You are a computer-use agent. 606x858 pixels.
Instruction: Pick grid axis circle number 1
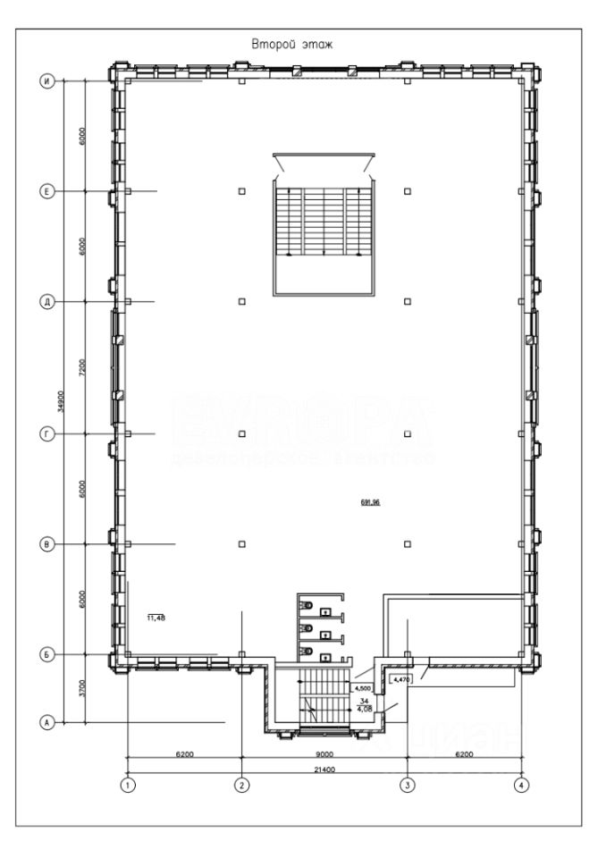click(x=129, y=786)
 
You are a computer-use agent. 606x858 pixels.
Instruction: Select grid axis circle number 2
click(x=242, y=786)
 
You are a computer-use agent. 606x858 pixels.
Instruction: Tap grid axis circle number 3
click(x=408, y=786)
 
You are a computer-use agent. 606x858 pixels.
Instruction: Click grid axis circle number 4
click(x=522, y=786)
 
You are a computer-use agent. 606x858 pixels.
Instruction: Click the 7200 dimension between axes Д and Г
click(x=81, y=367)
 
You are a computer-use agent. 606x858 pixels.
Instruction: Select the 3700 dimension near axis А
click(x=81, y=688)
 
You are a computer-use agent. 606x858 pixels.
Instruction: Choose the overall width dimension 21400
click(x=324, y=768)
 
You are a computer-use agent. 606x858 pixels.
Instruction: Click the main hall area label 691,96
click(x=370, y=503)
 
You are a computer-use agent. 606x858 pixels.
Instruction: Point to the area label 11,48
click(x=156, y=617)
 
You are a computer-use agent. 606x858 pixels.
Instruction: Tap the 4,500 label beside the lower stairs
click(x=363, y=689)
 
